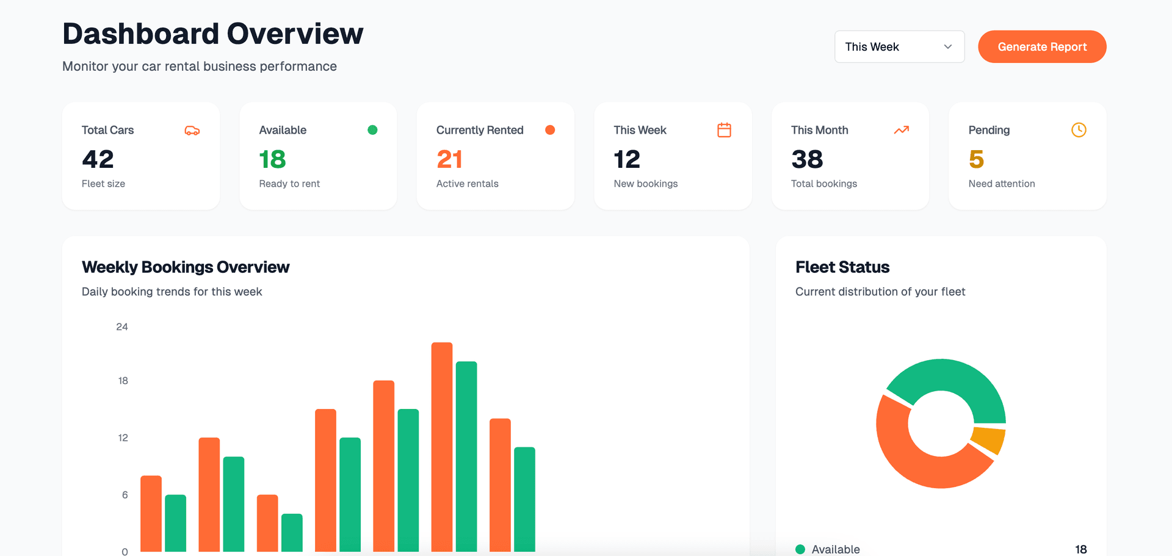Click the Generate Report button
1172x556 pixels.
(x=1042, y=47)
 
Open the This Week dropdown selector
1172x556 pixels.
(x=899, y=47)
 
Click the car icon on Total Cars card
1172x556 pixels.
(x=192, y=131)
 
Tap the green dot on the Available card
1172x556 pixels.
(x=372, y=130)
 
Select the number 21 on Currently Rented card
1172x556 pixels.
(x=449, y=159)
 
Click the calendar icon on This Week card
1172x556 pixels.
(x=724, y=130)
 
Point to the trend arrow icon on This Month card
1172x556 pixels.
(x=902, y=130)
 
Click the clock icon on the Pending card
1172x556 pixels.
(x=1079, y=130)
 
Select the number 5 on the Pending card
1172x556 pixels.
(x=976, y=159)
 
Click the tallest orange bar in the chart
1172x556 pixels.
(x=442, y=446)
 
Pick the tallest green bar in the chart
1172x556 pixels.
(x=466, y=455)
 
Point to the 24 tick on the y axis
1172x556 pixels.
(x=122, y=327)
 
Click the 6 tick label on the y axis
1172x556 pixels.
(x=125, y=495)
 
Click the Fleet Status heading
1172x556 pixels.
(x=842, y=267)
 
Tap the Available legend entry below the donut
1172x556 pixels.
(x=835, y=549)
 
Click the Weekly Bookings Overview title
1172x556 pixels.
(x=186, y=267)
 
